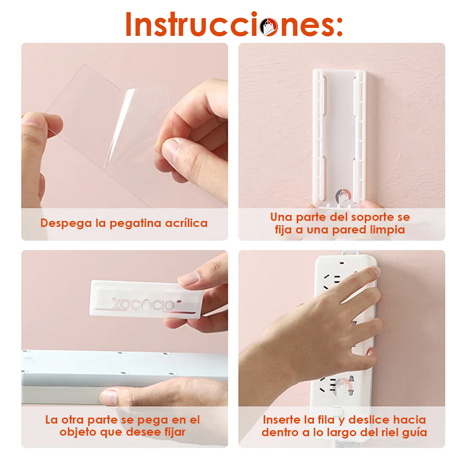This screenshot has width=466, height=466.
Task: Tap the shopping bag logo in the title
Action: (x=269, y=27)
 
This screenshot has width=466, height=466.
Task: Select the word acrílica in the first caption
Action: (x=186, y=223)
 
